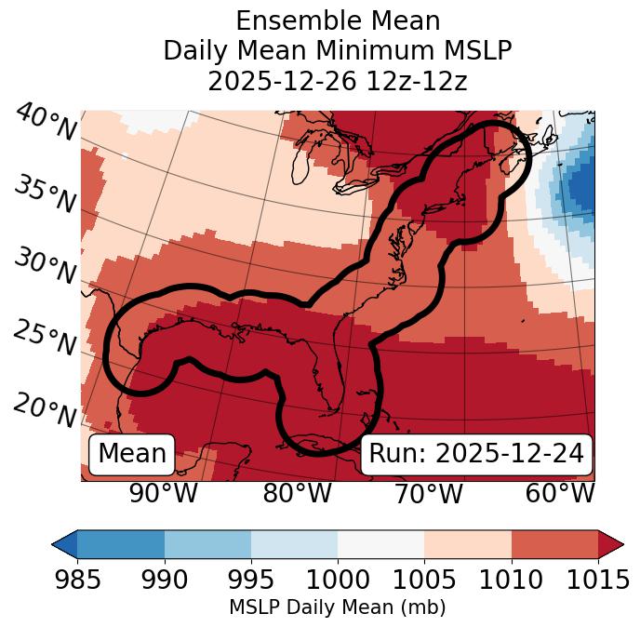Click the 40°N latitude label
point(46,123)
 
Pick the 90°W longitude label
point(163,493)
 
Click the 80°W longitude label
point(297,493)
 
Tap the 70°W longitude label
point(428,493)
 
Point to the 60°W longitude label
point(560,493)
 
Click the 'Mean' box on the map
point(132,454)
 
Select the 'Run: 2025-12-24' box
point(476,454)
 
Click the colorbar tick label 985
point(77,580)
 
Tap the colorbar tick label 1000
point(338,580)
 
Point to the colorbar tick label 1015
point(597,580)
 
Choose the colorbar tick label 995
point(250,580)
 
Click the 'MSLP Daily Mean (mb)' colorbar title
point(337,608)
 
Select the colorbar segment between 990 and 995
point(207,544)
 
